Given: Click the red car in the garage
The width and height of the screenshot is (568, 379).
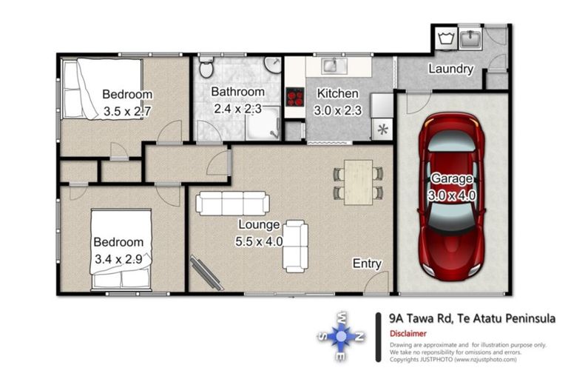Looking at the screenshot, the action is click(452, 197).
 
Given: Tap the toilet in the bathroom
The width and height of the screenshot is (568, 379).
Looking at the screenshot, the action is click(206, 67).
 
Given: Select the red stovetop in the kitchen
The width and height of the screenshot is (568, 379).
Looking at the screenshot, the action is click(295, 97).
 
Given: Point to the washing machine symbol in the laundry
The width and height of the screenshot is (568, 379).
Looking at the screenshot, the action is click(446, 38).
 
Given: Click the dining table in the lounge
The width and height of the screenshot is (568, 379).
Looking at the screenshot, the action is click(358, 182).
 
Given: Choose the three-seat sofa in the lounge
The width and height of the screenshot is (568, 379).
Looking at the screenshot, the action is click(232, 204).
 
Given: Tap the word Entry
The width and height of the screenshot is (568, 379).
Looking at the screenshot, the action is click(367, 264).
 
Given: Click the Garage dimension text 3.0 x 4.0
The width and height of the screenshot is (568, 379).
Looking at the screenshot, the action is click(452, 196).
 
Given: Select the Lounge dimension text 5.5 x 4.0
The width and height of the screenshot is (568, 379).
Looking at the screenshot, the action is click(259, 241).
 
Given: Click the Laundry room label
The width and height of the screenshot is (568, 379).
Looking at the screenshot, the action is click(450, 69).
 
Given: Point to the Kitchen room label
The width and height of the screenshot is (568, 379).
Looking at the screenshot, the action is click(337, 93).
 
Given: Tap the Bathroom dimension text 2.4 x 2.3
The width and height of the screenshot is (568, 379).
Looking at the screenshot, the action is click(237, 108).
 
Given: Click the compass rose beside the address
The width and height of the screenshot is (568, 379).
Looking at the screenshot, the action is click(340, 336).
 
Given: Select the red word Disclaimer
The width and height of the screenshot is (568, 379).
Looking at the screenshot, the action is click(408, 333).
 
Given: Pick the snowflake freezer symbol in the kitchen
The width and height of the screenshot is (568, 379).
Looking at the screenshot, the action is click(382, 130).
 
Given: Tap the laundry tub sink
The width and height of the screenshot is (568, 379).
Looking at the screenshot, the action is click(470, 38).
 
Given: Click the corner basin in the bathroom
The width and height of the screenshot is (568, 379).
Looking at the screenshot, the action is click(272, 64).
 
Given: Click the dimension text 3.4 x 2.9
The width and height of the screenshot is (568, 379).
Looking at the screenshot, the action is click(118, 259).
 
